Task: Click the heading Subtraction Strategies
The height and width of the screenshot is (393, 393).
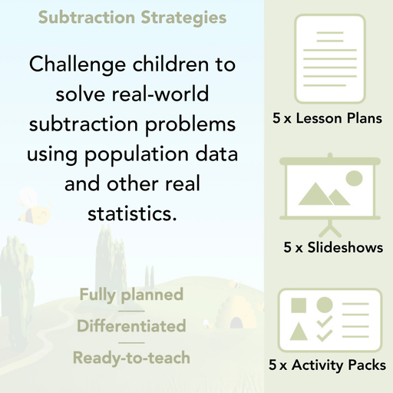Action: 132,17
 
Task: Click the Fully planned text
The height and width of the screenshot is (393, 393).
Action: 131,294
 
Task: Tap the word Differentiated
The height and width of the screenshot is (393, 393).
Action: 131,325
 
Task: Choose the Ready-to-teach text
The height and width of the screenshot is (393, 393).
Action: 131,357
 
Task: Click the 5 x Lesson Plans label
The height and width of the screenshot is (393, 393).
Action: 327,119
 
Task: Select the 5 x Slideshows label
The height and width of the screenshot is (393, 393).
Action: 333,247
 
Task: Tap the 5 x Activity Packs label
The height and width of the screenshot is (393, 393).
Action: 327,365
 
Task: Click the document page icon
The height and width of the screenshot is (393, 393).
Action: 327,58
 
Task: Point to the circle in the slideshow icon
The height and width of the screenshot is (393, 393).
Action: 354,179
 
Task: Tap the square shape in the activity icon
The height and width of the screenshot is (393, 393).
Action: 299,305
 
